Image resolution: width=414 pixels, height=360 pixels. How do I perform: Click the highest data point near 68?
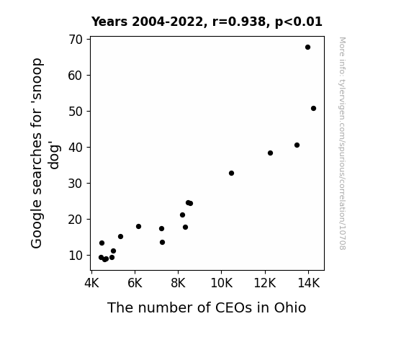tap(307, 48)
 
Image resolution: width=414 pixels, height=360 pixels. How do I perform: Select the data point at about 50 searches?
tap(313, 108)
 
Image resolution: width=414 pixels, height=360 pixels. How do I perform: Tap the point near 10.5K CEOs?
tap(231, 174)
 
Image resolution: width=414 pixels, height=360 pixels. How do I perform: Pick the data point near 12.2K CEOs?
tap(270, 153)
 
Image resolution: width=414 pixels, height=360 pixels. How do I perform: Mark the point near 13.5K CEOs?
tap(297, 145)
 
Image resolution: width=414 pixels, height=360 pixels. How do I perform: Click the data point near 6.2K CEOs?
tap(138, 226)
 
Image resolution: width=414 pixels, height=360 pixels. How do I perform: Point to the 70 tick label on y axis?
tap(76, 40)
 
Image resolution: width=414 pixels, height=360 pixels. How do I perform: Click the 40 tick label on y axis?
tap(76, 148)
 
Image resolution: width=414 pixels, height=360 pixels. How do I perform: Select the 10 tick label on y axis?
tap(76, 256)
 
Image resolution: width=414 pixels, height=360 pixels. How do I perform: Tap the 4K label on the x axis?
tap(91, 283)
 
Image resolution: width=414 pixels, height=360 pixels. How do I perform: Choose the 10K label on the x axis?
tap(222, 283)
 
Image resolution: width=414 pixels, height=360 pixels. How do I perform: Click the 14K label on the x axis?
tap(308, 283)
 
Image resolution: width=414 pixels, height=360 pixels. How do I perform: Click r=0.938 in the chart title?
tap(239, 22)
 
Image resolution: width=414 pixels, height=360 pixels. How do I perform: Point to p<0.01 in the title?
tap(299, 22)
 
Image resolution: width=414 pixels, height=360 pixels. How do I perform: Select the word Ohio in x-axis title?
tap(290, 307)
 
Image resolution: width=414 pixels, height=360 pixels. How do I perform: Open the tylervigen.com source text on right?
tap(342, 143)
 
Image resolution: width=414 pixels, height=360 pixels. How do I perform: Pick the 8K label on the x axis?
tap(179, 283)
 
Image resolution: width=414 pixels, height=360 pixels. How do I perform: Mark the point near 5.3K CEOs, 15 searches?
tap(120, 236)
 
